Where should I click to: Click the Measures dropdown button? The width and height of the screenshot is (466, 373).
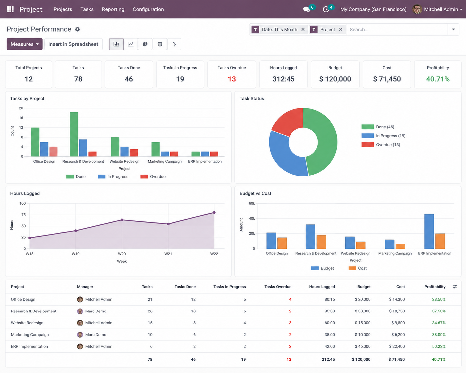[25, 44]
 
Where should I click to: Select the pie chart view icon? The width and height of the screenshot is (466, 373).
[145, 44]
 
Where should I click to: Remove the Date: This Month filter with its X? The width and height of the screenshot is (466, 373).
[303, 30]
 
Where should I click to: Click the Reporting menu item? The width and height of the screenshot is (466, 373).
[113, 9]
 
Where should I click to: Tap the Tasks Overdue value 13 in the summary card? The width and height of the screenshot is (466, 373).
[232, 79]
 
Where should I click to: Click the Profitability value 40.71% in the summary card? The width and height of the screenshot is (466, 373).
[438, 79]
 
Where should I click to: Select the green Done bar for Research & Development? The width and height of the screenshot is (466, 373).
[74, 134]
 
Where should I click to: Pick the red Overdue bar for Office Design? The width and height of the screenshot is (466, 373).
[53, 152]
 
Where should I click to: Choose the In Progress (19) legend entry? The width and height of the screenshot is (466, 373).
[383, 136]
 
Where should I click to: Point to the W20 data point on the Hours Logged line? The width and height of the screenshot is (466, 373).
[122, 220]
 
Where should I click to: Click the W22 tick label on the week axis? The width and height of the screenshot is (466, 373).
[214, 254]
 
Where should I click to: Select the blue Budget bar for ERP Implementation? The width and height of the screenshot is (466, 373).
[429, 231]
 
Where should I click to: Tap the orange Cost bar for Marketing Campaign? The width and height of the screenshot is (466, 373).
[400, 246]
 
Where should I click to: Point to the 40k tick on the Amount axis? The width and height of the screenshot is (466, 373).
[252, 218]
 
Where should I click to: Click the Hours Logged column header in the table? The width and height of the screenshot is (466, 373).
[322, 287]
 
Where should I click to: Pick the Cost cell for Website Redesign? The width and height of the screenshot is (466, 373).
[398, 323]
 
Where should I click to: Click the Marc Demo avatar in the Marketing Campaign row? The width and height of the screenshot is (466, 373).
[80, 335]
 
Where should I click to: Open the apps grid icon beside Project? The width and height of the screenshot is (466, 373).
[10, 9]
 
